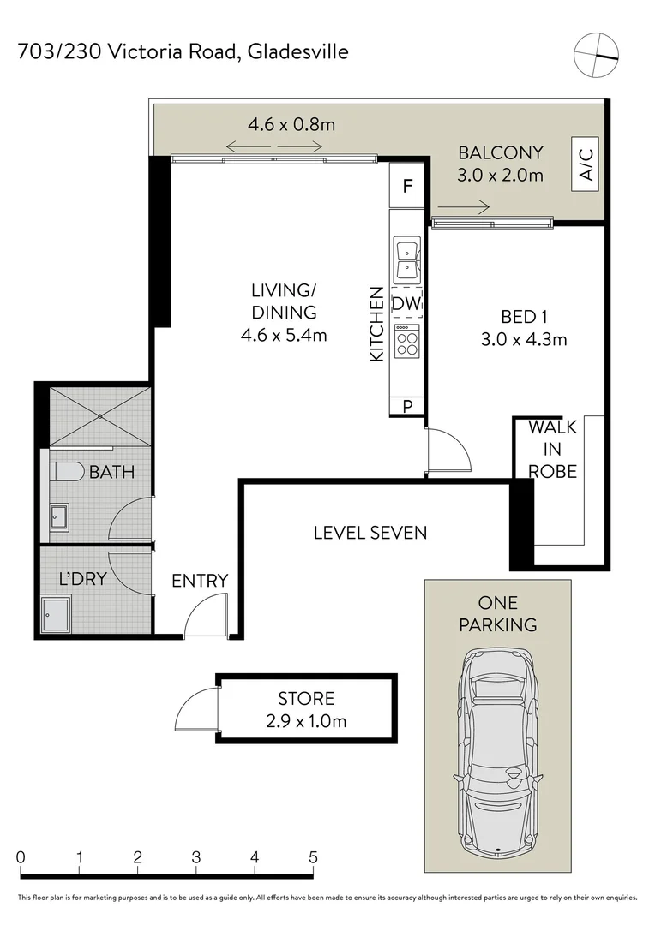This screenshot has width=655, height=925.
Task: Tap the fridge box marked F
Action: (408, 186)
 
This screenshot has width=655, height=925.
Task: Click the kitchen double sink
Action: (406, 260)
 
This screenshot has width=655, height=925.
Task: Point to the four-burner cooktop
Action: (406, 343)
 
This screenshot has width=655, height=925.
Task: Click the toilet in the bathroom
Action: (66, 471)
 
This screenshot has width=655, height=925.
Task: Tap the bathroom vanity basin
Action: (58, 516)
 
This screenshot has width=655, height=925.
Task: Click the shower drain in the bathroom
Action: (100, 416)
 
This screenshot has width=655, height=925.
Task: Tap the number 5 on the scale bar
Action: (314, 857)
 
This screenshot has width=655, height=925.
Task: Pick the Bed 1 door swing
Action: (448, 451)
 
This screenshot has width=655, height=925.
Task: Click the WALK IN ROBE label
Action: (552, 449)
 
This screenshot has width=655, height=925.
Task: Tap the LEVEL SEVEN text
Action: (370, 533)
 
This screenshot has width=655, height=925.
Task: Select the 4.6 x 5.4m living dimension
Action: (284, 336)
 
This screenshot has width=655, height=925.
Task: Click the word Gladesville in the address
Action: (298, 52)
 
